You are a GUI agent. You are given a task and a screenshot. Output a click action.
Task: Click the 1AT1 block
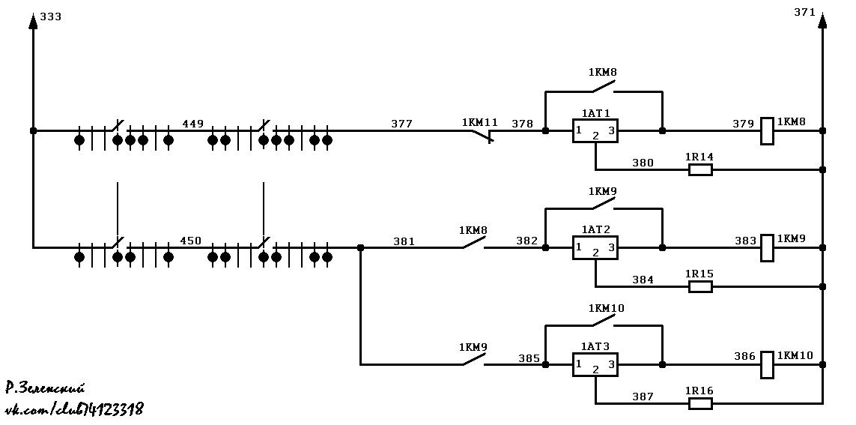click(x=595, y=130)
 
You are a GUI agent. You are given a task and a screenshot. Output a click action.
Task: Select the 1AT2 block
click(x=595, y=247)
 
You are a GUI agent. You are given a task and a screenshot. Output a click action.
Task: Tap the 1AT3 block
click(x=595, y=364)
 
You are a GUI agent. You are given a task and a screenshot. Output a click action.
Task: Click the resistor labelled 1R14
click(x=700, y=170)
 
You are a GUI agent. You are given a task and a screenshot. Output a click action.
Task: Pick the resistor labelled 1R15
click(x=700, y=287)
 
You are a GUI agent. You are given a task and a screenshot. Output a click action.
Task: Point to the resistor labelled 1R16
click(x=700, y=404)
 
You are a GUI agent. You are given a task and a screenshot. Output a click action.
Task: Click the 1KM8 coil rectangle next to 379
click(x=767, y=131)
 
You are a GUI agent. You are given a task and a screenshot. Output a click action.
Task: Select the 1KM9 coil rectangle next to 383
click(x=767, y=248)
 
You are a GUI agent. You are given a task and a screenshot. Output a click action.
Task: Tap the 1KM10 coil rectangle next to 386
click(x=767, y=365)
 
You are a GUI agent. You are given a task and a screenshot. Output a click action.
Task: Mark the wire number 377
click(x=402, y=124)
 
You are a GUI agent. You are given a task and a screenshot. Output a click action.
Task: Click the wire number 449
click(x=192, y=124)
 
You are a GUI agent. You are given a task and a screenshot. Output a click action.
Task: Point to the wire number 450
click(x=190, y=241)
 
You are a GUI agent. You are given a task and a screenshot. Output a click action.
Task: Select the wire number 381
click(x=404, y=241)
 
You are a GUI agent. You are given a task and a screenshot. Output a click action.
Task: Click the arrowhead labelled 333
click(x=33, y=20)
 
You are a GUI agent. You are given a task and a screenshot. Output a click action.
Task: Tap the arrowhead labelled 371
click(x=823, y=20)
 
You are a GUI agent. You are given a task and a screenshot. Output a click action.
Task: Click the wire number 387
click(x=643, y=397)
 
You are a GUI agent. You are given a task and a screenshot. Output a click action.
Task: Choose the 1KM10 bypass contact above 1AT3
click(x=603, y=322)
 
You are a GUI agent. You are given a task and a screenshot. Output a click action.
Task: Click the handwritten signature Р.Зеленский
click(x=46, y=388)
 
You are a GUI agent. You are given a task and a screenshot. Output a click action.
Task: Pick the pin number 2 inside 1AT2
click(x=595, y=253)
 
